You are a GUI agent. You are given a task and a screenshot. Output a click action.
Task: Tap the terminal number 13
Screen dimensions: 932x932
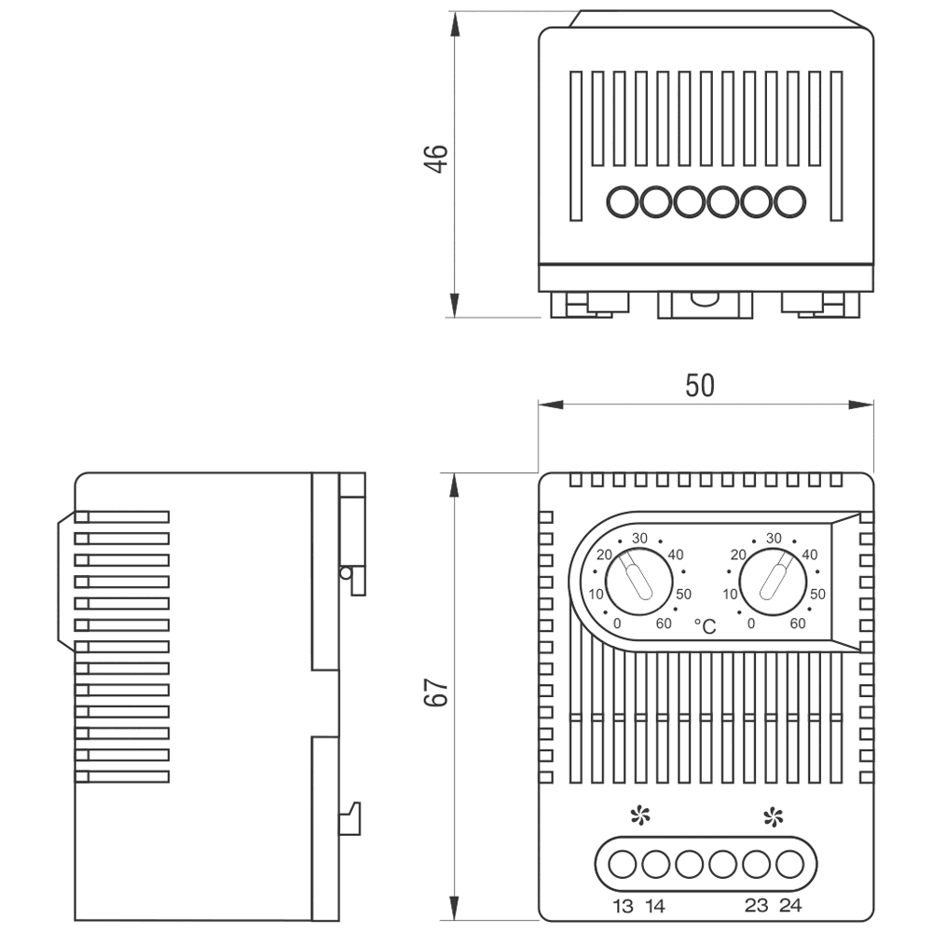tap(623, 906)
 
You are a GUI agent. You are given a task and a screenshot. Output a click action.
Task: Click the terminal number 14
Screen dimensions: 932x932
tap(654, 906)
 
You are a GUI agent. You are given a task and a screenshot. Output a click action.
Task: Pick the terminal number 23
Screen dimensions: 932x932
tap(757, 906)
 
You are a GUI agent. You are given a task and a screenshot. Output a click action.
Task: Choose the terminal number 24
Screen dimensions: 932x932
tap(789, 906)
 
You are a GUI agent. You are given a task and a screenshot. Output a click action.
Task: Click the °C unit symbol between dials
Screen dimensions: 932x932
tap(705, 627)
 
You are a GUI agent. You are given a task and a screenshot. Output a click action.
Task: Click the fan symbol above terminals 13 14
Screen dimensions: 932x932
tap(639, 817)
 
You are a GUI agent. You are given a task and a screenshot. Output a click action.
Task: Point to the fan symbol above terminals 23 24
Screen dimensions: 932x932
tap(773, 817)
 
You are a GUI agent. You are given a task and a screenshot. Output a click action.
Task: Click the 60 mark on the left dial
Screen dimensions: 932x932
tap(664, 624)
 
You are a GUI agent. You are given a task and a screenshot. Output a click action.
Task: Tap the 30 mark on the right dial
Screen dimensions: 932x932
tap(773, 538)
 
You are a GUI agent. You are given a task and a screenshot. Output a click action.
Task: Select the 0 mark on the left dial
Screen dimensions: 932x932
tap(618, 624)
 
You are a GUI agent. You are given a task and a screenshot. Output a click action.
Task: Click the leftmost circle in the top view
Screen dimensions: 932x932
tap(623, 200)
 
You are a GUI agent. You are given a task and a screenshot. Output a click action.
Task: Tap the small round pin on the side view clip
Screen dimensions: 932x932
tap(347, 572)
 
